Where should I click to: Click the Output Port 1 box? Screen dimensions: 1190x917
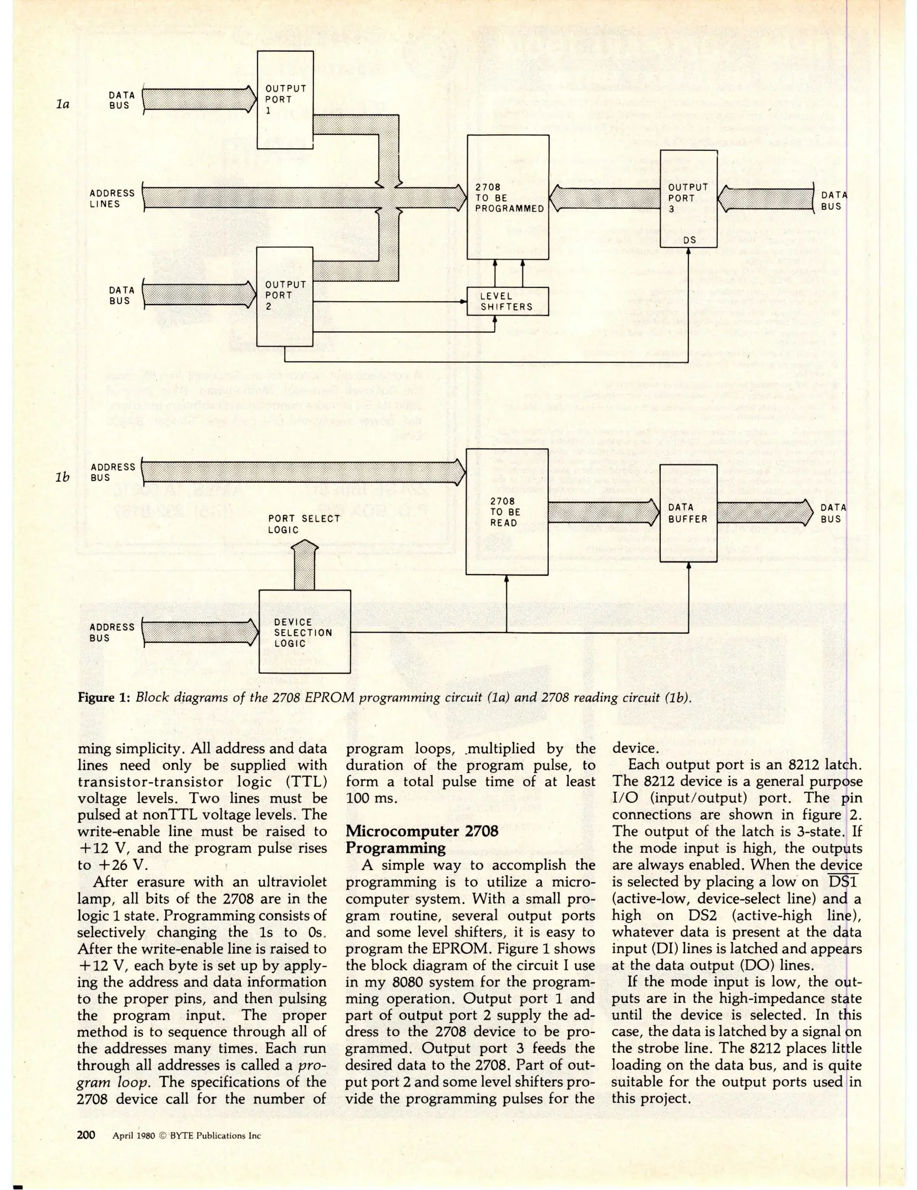(285, 100)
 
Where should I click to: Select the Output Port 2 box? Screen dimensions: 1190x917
(285, 296)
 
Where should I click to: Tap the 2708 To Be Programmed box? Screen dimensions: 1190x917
(508, 197)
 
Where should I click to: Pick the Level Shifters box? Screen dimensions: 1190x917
(508, 301)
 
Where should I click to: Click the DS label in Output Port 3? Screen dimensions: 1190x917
(689, 240)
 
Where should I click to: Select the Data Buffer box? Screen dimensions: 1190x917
(688, 513)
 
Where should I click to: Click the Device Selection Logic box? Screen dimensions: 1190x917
(304, 632)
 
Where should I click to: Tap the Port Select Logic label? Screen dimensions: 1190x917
(304, 524)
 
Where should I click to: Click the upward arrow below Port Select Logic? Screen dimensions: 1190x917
(304, 565)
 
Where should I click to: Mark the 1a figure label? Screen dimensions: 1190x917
(63, 103)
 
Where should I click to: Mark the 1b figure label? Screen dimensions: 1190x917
(63, 477)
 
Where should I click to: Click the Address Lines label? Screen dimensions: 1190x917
(112, 198)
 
